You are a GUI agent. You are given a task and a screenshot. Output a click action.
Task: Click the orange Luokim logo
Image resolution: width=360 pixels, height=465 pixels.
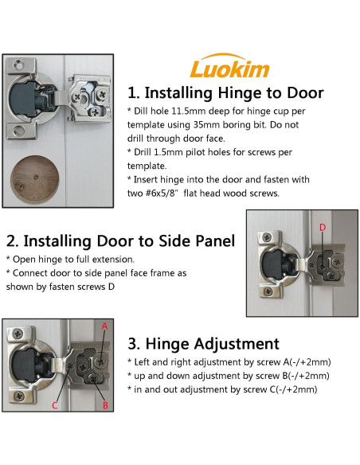coord(229,66)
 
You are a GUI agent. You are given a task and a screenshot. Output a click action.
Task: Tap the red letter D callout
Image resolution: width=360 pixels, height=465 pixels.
coord(323,228)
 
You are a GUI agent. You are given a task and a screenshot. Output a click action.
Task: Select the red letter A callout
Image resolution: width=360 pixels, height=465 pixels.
coord(104,326)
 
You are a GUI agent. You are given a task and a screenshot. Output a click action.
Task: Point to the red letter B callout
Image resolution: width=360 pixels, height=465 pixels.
coord(105,405)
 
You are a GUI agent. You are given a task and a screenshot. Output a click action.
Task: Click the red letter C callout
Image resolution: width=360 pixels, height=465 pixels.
coord(55,405)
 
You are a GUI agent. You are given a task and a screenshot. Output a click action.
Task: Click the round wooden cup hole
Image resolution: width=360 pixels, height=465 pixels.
coord(35,179)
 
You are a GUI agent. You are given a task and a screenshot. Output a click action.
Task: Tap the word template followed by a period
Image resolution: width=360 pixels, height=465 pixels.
coord(147,166)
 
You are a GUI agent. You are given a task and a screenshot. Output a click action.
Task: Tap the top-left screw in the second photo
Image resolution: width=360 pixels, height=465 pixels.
coord(268,237)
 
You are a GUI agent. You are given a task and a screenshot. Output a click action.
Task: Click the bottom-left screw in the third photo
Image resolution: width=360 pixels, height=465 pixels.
coord(19,396)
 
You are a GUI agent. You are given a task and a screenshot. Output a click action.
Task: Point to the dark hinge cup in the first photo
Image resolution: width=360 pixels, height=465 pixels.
coord(25,100)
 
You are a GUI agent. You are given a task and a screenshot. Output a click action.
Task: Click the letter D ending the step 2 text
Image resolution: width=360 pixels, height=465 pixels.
coord(112,287)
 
